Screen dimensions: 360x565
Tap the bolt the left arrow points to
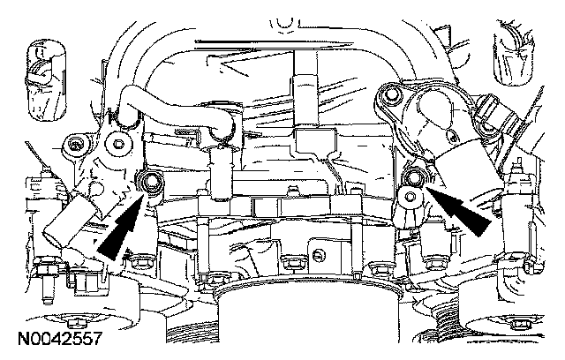coord(151,184)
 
